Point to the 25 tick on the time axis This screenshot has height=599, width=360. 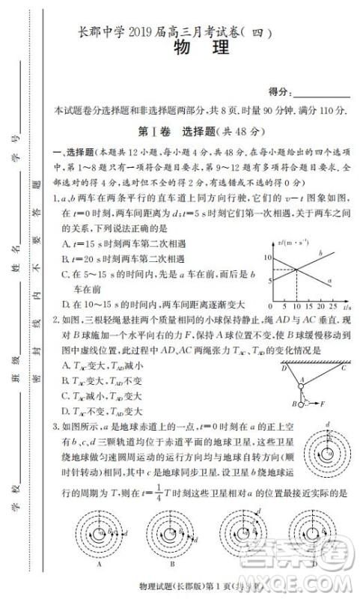tap(332, 306)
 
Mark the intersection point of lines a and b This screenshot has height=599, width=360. tap(296, 270)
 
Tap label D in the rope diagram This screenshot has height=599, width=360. tap(284, 368)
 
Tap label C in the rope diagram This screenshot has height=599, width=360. tap(344, 368)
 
